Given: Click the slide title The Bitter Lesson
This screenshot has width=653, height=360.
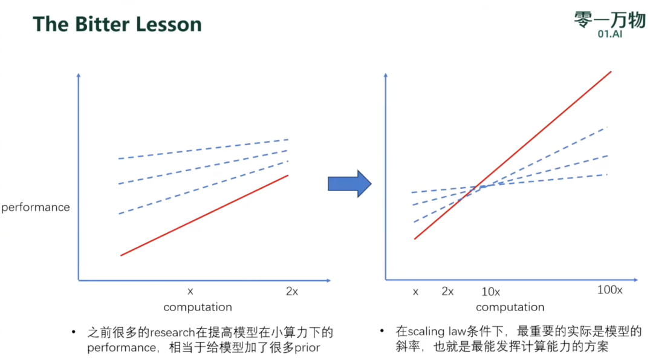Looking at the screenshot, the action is pyautogui.click(x=117, y=24).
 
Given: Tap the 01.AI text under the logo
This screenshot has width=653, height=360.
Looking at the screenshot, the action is pyautogui.click(x=610, y=34).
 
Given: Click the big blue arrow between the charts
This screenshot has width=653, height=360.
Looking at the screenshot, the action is pyautogui.click(x=349, y=184).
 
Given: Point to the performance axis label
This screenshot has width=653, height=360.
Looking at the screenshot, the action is pyautogui.click(x=36, y=207).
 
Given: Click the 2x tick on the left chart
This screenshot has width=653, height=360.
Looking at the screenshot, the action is pyautogui.click(x=292, y=292).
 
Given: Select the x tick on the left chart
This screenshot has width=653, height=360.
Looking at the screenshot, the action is pyautogui.click(x=190, y=292).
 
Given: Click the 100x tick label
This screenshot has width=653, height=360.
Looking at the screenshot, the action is pyautogui.click(x=609, y=290).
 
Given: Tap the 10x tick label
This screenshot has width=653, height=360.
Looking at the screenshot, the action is pyautogui.click(x=490, y=292).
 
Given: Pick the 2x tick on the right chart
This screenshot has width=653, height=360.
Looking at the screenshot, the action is pyautogui.click(x=447, y=291).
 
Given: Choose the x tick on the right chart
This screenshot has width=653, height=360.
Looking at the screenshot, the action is pyautogui.click(x=415, y=292).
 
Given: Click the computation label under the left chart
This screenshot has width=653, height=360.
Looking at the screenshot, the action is pyautogui.click(x=198, y=307).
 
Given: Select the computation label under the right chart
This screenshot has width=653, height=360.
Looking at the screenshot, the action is pyautogui.click(x=510, y=307).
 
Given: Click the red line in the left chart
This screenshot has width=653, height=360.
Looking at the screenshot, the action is pyautogui.click(x=204, y=215).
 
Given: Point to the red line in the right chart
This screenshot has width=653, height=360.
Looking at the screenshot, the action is pyautogui.click(x=513, y=155).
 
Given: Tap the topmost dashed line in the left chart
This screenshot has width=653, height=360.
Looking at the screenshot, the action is pyautogui.click(x=203, y=149).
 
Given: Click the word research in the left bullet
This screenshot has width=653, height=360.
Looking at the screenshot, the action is pyautogui.click(x=172, y=333).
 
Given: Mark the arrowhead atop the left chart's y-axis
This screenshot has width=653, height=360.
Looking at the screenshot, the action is pyautogui.click(x=78, y=75).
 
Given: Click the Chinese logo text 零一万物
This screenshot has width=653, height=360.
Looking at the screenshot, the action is pyautogui.click(x=610, y=19).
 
